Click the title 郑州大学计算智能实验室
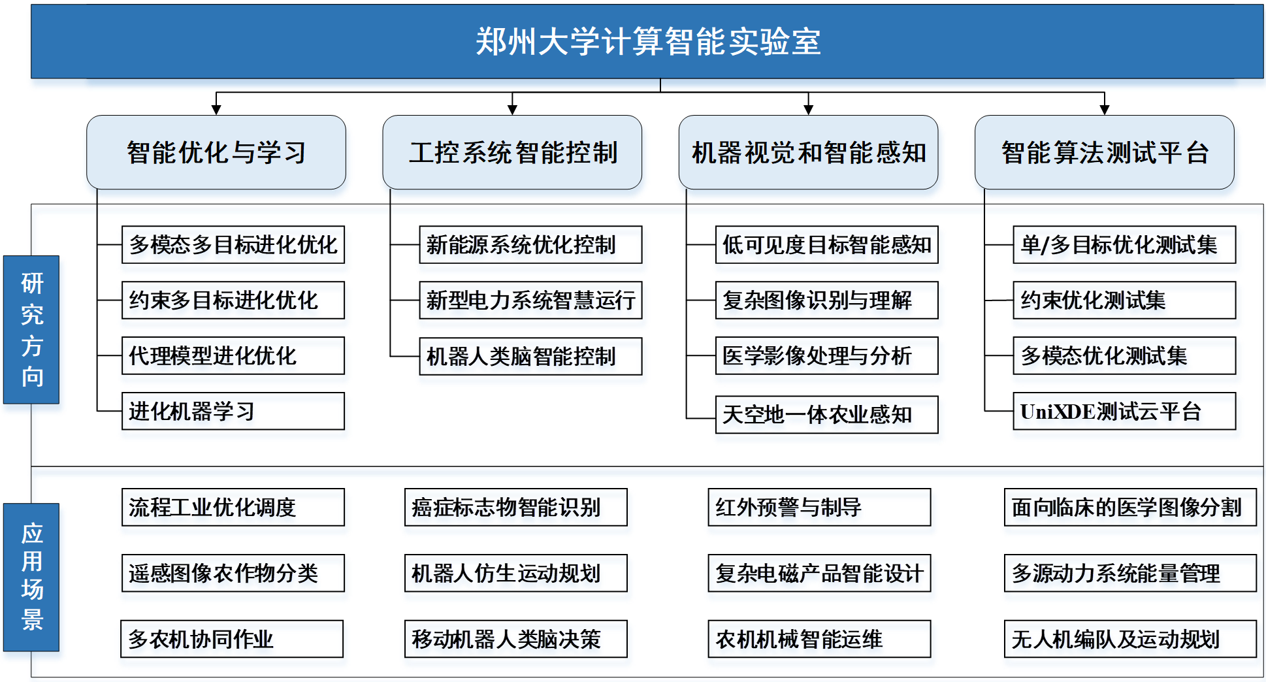pyautogui.click(x=647, y=42)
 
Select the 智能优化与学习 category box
pyautogui.click(x=216, y=152)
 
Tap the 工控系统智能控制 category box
pyautogui.click(x=512, y=152)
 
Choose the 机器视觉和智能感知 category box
pyautogui.click(x=808, y=152)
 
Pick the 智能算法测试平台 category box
pyautogui.click(x=1104, y=152)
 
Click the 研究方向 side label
pyautogui.click(x=31, y=329)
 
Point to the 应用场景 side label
pyautogui.click(x=31, y=577)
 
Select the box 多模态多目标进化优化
pyautogui.click(x=233, y=244)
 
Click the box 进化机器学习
pyautogui.click(x=233, y=411)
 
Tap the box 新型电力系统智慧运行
pyautogui.click(x=530, y=300)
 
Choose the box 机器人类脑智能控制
pyautogui.click(x=530, y=356)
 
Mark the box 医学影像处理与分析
pyautogui.click(x=826, y=355)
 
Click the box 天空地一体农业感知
pyautogui.click(x=826, y=414)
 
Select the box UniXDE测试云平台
pyautogui.click(x=1124, y=411)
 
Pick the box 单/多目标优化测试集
pyautogui.click(x=1124, y=244)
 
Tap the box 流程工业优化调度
pyautogui.click(x=233, y=507)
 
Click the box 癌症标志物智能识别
pyautogui.click(x=516, y=507)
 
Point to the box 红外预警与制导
pyautogui.click(x=819, y=507)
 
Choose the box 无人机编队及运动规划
pyautogui.click(x=1130, y=639)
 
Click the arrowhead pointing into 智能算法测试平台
pyautogui.click(x=1104, y=110)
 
